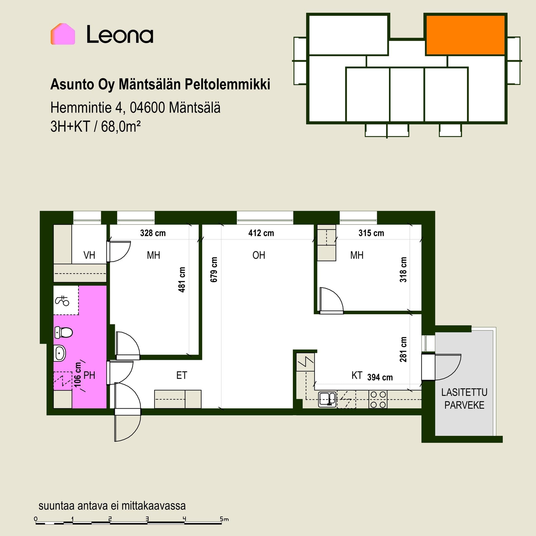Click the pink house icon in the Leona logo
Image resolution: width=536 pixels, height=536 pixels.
[63, 34]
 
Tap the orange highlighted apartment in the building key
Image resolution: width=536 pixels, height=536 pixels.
[465, 35]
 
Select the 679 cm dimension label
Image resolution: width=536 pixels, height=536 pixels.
[214, 270]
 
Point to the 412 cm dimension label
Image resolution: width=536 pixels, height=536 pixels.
[261, 233]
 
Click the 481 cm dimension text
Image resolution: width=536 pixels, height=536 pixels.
[182, 280]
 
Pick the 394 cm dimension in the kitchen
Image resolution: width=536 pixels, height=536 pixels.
[380, 377]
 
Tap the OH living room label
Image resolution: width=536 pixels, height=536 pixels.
[259, 255]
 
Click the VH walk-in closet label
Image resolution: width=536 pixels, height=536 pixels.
[89, 255]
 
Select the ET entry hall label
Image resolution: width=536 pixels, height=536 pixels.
[181, 375]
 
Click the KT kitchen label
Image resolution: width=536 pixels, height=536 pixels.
[357, 375]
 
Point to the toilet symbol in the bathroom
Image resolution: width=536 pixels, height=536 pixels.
[63, 332]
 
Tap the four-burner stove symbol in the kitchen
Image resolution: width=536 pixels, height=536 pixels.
[378, 399]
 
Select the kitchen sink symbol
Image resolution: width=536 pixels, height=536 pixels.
[327, 399]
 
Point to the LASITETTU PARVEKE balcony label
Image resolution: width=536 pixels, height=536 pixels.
[464, 399]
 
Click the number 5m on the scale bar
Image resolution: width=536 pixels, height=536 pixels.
[224, 519]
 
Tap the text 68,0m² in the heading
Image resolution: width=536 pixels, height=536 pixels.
[121, 127]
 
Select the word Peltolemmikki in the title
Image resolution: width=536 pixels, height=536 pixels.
[228, 85]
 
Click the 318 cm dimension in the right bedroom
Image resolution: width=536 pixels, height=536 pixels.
[403, 270]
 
